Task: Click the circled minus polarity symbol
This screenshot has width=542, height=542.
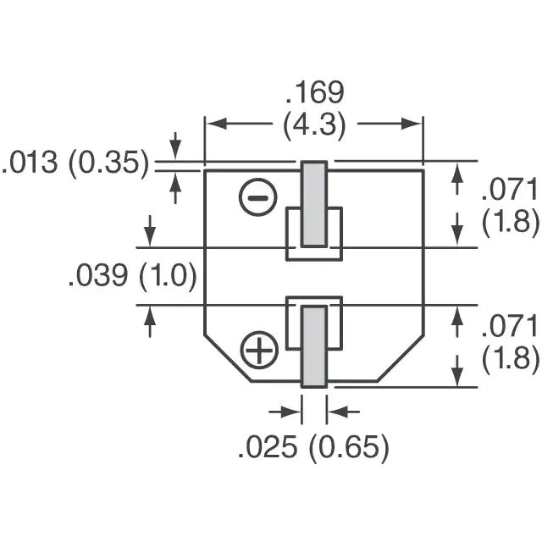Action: [x=257, y=197]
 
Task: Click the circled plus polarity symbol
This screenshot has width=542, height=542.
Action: [x=259, y=350]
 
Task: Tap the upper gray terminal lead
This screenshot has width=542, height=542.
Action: [x=314, y=204]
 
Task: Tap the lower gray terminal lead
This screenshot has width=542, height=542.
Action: [x=314, y=346]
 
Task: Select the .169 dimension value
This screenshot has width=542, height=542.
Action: [x=314, y=92]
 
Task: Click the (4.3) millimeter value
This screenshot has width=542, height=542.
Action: [x=314, y=124]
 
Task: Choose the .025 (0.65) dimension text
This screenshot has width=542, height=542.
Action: [x=313, y=448]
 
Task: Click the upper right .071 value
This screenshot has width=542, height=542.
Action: [x=510, y=190]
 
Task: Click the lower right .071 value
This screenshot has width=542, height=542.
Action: [x=510, y=327]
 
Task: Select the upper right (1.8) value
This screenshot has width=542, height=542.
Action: [x=511, y=222]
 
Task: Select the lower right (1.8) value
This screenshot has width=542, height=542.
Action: [x=511, y=358]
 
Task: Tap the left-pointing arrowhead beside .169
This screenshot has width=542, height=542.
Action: [x=217, y=124]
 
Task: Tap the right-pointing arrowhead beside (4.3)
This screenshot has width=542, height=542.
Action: [x=411, y=124]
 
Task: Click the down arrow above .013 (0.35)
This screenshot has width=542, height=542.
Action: [x=175, y=146]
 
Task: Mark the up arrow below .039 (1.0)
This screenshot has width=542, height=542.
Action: [x=150, y=322]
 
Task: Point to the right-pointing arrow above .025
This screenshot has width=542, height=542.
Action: [x=285, y=412]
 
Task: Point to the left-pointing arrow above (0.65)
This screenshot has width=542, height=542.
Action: [x=343, y=412]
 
